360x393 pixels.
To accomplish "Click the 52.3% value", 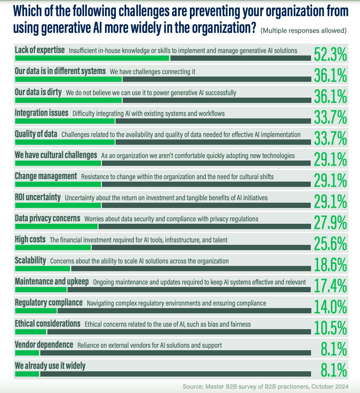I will [x=330, y=55].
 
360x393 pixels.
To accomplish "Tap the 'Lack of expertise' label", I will [x=40, y=50].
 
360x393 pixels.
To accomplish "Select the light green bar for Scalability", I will [x=42, y=268].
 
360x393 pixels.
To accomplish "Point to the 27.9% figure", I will [x=330, y=223].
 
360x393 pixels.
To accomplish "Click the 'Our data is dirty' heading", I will [x=38, y=92].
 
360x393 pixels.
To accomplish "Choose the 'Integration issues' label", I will [x=42, y=113].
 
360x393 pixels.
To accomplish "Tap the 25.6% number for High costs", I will [x=330, y=244].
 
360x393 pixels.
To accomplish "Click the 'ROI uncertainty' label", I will [x=38, y=197].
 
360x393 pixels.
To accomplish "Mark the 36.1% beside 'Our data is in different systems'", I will [x=330, y=76].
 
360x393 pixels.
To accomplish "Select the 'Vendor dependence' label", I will [x=44, y=345].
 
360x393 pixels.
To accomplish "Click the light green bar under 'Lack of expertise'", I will [x=92, y=58].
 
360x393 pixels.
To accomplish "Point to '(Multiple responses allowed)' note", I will [x=303, y=31].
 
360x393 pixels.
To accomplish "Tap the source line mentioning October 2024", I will [x=265, y=386].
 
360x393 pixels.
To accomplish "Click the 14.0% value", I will [x=330, y=307].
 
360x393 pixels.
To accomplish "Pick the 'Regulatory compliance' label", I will [x=49, y=303].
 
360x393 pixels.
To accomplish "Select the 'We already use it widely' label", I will [x=50, y=366].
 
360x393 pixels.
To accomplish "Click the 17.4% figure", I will [x=330, y=286].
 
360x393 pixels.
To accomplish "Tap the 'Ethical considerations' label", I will [x=47, y=324].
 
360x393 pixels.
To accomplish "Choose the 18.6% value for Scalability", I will [x=330, y=265].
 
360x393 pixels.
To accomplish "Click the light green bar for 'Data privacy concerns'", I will [x=56, y=227].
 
